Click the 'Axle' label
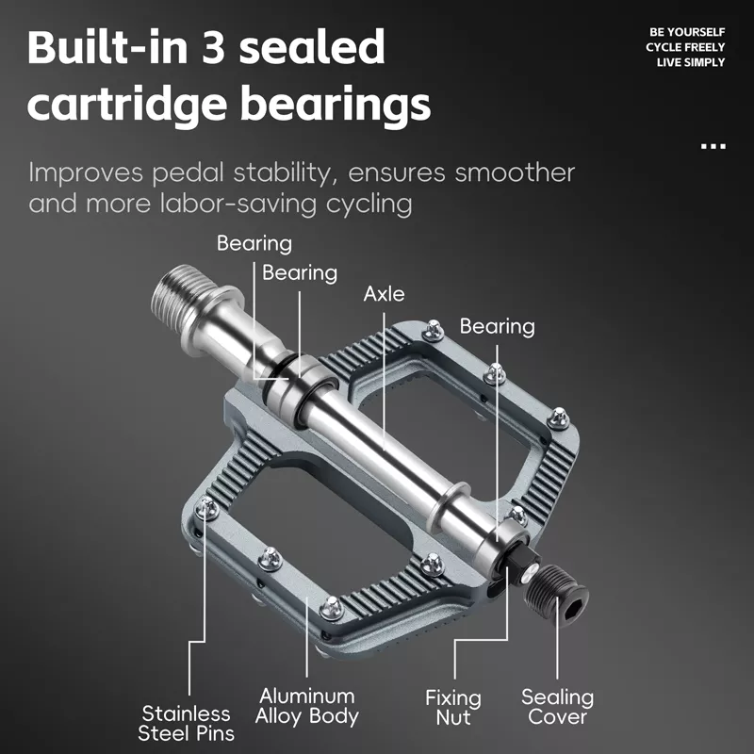coord(384,294)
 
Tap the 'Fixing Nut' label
coord(453,708)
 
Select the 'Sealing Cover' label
coord(557,707)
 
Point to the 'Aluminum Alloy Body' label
coord(307,706)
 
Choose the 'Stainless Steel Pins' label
coord(186,723)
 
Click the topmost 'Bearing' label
coord(254,243)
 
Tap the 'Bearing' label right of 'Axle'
coord(498,326)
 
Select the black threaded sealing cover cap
coord(556,596)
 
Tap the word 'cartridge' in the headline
coord(127,105)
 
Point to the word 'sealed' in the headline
coord(312,46)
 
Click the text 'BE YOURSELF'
coord(687,32)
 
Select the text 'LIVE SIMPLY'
coord(691,62)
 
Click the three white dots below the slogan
coord(713,146)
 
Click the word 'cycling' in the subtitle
coord(369,205)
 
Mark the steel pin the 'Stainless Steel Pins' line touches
coord(206,508)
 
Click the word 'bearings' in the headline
coord(336,105)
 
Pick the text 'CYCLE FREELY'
coord(685,47)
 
